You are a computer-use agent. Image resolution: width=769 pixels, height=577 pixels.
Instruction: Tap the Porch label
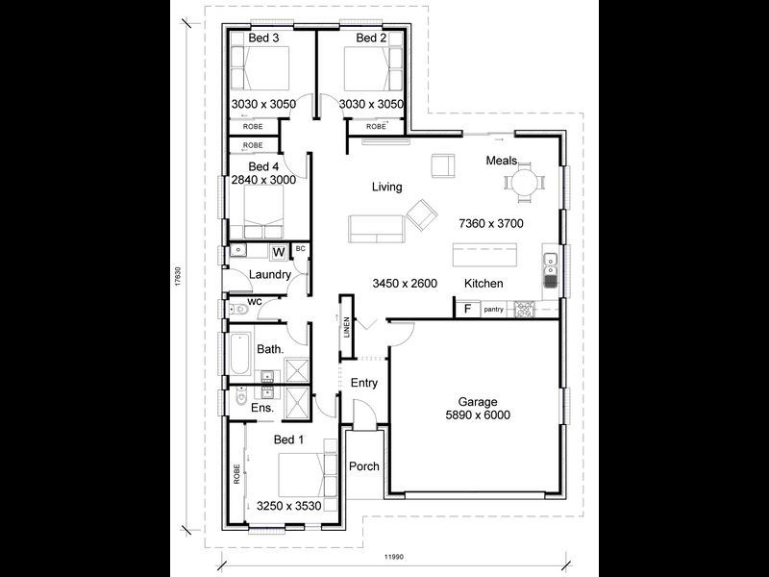(364, 467)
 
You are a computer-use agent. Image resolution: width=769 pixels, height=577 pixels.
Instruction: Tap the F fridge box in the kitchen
(467, 309)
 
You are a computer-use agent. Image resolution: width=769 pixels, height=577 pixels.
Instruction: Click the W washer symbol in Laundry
(278, 253)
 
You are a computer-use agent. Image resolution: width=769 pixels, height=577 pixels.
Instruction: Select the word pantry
(494, 310)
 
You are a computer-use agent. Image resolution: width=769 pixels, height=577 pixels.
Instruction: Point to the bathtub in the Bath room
(241, 355)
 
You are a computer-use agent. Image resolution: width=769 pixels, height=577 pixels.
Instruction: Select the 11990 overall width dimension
(394, 556)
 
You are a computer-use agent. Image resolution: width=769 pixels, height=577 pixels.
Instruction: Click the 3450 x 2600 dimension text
(406, 283)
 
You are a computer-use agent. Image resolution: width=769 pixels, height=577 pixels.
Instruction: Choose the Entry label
(364, 383)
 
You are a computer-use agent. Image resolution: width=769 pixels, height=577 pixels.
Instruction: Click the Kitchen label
(484, 284)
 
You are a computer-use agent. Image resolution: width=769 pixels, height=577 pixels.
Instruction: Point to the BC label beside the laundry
(300, 249)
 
